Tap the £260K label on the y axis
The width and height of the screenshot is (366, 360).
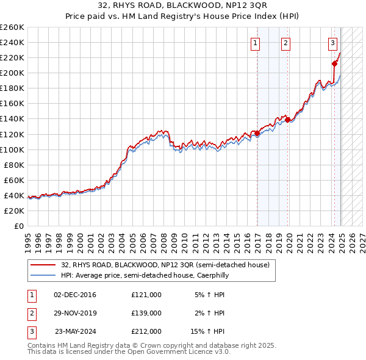pyautogui.click(x=12, y=27)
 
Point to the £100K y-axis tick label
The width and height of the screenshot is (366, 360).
pyautogui.click(x=12, y=149)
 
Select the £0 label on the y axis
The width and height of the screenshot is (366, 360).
pyautogui.click(x=18, y=226)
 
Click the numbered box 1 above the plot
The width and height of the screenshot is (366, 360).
pyautogui.click(x=254, y=43)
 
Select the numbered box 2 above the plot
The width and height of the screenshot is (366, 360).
pyautogui.click(x=285, y=43)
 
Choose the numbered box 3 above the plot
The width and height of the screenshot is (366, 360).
pyautogui.click(x=332, y=43)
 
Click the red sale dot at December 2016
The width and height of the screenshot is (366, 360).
pyautogui.click(x=257, y=133)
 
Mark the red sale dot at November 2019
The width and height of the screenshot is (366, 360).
pyautogui.click(x=288, y=120)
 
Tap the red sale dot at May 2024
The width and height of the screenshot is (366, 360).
pyautogui.click(x=335, y=63)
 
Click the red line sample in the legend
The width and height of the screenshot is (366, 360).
pyautogui.click(x=43, y=265)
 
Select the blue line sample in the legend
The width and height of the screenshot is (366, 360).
pyautogui.click(x=43, y=275)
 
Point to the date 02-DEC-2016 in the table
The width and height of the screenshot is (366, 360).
pyautogui.click(x=75, y=295)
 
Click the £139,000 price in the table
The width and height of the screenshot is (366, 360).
pyautogui.click(x=146, y=313)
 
